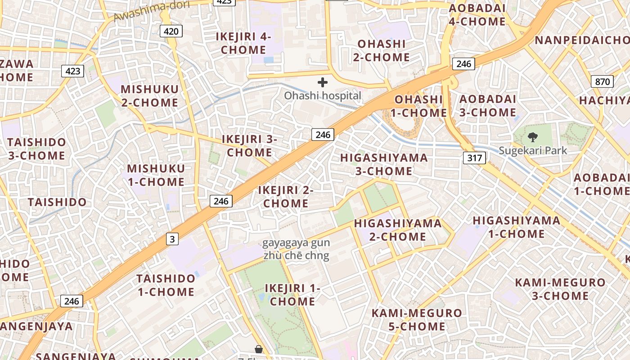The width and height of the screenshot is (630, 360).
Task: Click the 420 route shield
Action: point(171,31)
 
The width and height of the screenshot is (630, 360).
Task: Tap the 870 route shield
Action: point(602,81)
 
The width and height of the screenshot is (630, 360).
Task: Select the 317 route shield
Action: point(474,157)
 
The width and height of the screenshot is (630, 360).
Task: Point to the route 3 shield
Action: point(172,239)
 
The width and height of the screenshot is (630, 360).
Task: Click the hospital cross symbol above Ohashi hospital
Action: point(323,82)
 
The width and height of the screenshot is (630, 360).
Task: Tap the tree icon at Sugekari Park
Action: point(533,137)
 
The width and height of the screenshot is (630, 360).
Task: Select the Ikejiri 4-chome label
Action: point(243,43)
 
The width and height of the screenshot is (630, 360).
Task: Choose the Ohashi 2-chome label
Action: point(381,50)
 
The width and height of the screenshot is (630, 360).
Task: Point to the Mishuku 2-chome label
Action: point(149,96)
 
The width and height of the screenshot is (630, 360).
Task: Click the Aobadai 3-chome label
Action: point(488,105)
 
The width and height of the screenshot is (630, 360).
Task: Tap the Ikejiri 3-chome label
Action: point(249,146)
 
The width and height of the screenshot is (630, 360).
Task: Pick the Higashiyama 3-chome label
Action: point(384,164)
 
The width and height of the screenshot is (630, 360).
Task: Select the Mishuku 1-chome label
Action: point(156,175)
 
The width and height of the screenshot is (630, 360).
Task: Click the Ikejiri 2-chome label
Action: point(286,197)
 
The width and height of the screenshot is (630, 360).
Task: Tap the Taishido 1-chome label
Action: point(166,285)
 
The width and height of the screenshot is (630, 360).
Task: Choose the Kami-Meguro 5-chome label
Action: point(417,319)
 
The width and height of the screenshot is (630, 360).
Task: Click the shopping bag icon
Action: point(259,349)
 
